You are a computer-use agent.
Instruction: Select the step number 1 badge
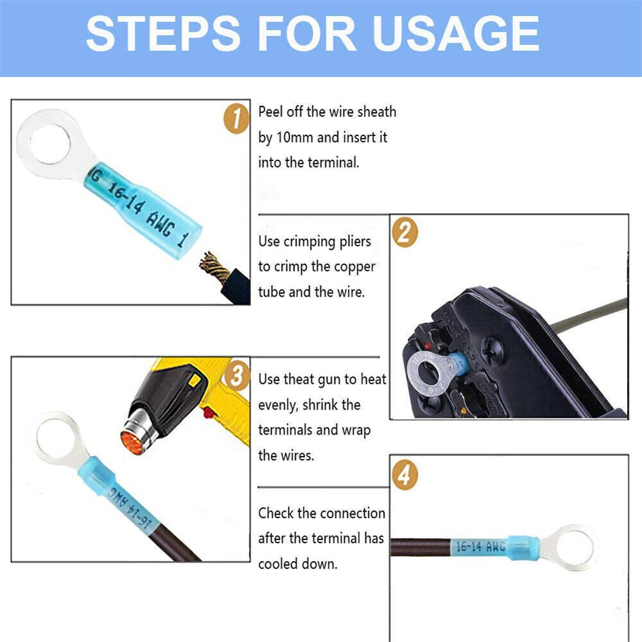pyautogui.click(x=237, y=118)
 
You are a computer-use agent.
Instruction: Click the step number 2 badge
pyautogui.click(x=405, y=232)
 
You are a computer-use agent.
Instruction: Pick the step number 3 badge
pyautogui.click(x=237, y=376)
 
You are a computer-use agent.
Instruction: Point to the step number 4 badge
pyautogui.click(x=405, y=475)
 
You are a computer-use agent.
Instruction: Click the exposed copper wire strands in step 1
pyautogui.click(x=213, y=266)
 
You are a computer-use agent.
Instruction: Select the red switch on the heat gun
pyautogui.click(x=209, y=413)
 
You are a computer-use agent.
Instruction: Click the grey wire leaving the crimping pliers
pyautogui.click(x=589, y=315)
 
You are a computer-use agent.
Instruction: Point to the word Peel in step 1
pyautogui.click(x=270, y=112)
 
